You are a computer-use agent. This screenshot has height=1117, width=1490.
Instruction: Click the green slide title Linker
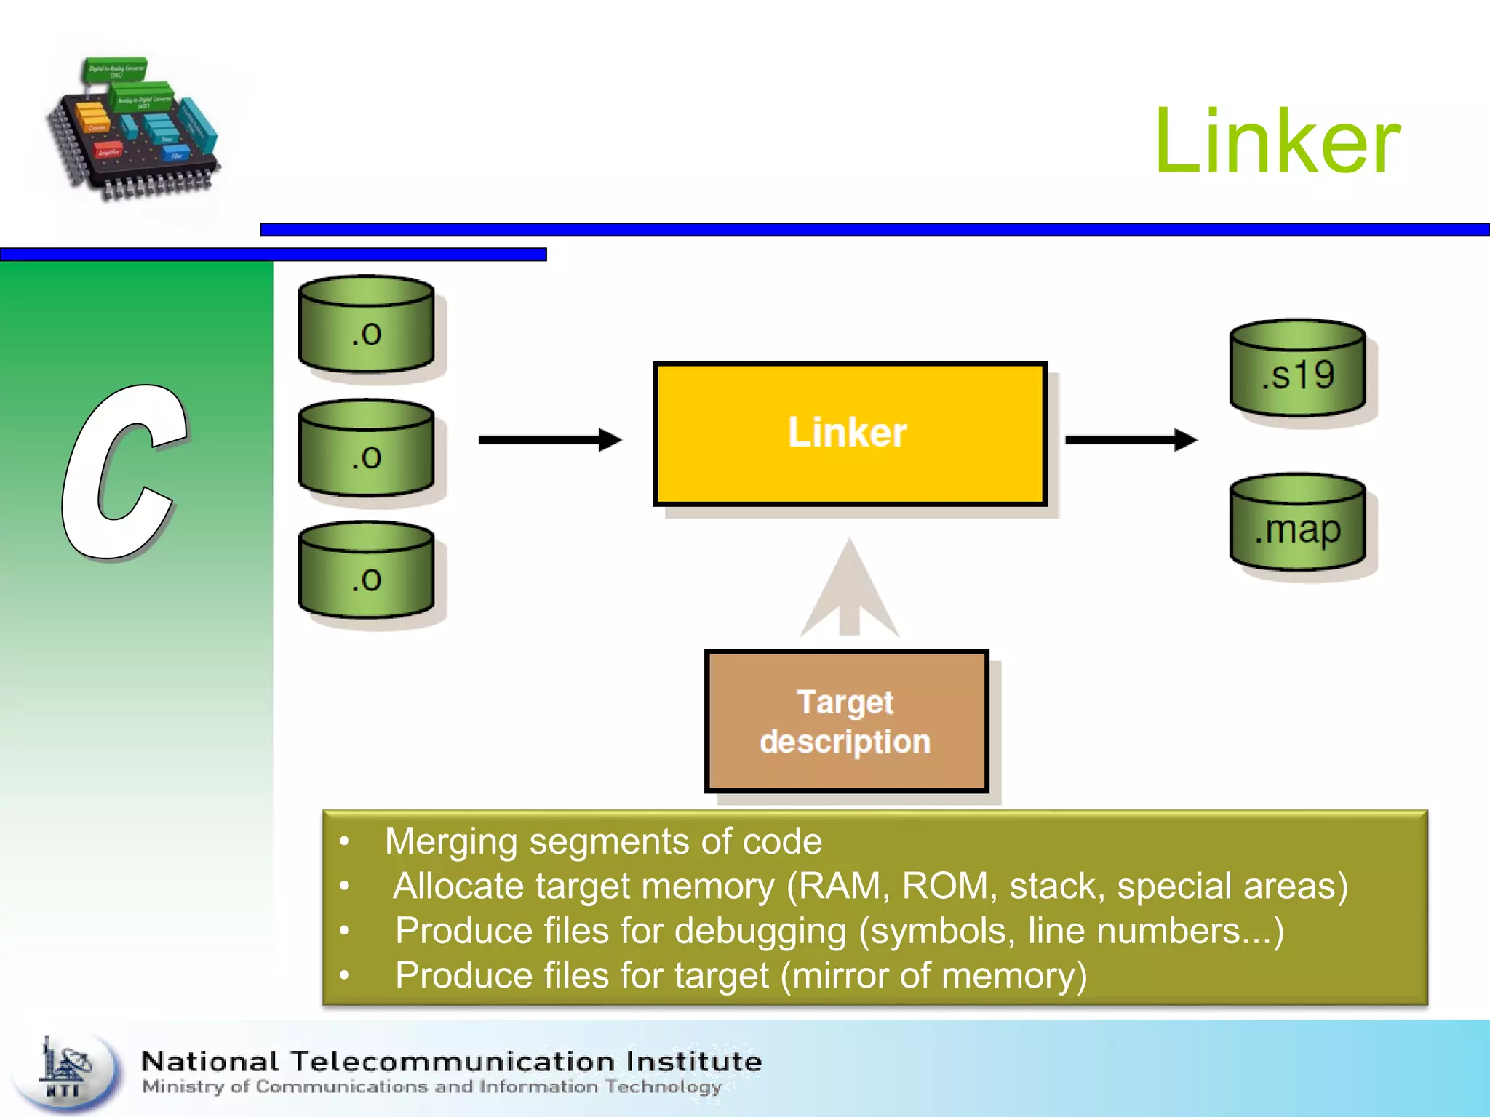[1277, 142]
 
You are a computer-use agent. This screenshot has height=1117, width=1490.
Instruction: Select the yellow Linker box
[849, 433]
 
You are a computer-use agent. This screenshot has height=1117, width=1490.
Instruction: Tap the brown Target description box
[846, 721]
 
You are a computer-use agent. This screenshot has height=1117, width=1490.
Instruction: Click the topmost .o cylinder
[367, 325]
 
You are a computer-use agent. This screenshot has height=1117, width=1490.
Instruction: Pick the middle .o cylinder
[367, 449]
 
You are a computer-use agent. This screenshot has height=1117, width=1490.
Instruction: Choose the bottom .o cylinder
[367, 572]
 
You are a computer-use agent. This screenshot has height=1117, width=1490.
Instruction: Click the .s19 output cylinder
[1298, 369]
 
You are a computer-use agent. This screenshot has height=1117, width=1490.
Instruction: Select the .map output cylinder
[1298, 524]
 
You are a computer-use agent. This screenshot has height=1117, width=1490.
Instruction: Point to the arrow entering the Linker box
[549, 439]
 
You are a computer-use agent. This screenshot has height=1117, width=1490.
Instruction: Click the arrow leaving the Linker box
[1130, 439]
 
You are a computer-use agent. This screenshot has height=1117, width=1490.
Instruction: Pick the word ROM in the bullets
[949, 886]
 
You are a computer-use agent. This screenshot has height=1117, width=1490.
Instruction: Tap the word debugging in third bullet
[760, 932]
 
